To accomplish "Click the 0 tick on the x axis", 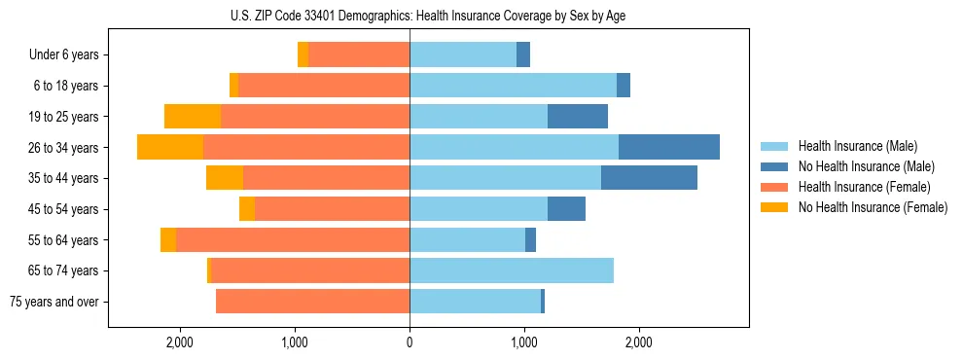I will pos(410,342).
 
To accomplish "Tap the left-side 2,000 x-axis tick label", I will pos(180,342).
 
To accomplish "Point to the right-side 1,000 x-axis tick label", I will pos(524,342).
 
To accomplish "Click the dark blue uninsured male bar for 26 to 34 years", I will pos(669,147).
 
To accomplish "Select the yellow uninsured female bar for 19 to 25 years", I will pos(193,117).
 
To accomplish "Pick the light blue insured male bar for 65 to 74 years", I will pos(512,270).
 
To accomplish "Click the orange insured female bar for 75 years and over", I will pos(312,302).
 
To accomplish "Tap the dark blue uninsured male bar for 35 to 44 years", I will pos(649,178).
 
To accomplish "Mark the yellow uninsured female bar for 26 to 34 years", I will pos(170,147).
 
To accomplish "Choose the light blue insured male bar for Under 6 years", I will pos(463,55).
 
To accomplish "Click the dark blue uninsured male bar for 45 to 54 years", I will pos(566,209).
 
